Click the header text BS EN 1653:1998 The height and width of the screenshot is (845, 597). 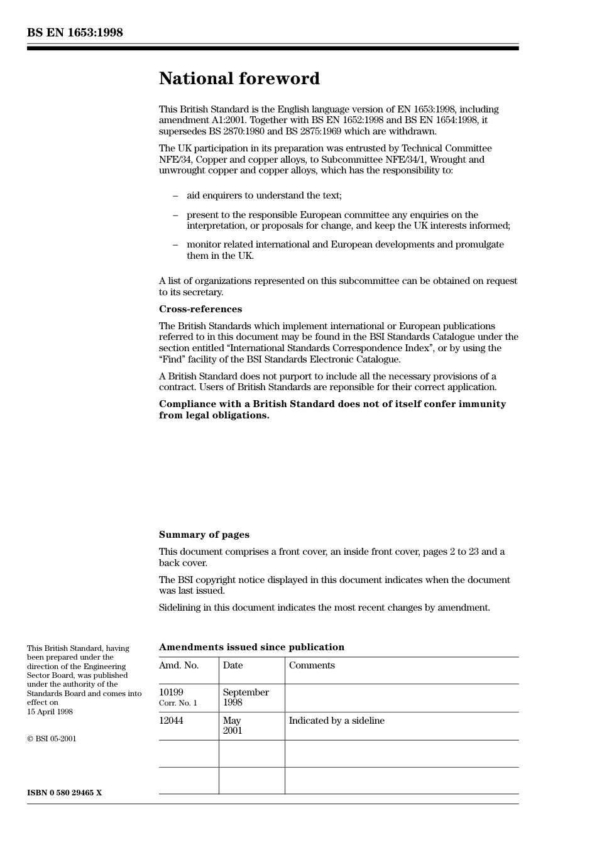[75, 33]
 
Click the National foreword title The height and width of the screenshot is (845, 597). [239, 79]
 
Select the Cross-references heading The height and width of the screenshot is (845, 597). [200, 309]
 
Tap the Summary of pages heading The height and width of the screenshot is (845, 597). [204, 535]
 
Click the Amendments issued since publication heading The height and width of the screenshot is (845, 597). [251, 647]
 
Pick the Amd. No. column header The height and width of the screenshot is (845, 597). [178, 665]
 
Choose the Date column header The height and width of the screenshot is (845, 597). [233, 665]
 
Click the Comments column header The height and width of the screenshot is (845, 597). [312, 665]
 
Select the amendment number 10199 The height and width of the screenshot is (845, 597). [171, 692]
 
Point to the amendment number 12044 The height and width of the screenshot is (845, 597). [171, 721]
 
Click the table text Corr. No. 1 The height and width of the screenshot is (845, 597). [178, 703]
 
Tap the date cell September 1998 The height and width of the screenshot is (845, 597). [245, 697]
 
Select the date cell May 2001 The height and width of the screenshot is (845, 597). [232, 726]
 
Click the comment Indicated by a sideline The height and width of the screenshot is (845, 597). [336, 721]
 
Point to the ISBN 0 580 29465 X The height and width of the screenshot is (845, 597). [64, 793]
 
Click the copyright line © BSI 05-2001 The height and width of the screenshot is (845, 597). [52, 739]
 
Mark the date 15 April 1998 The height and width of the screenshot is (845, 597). [50, 712]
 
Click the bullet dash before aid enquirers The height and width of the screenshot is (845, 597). [175, 196]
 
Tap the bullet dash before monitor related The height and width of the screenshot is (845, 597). [175, 245]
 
